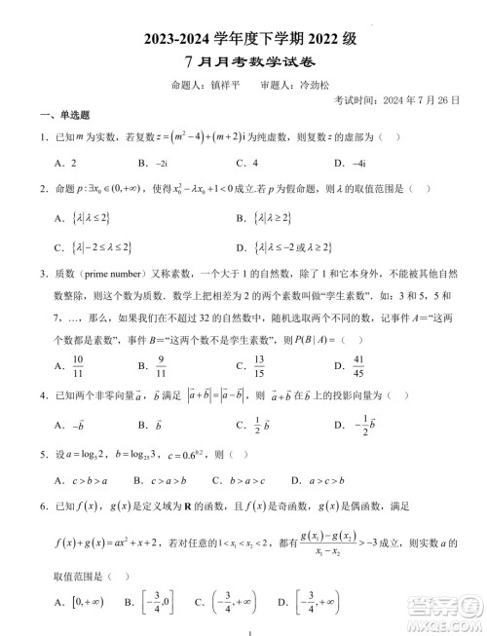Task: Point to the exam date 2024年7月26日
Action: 409,100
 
